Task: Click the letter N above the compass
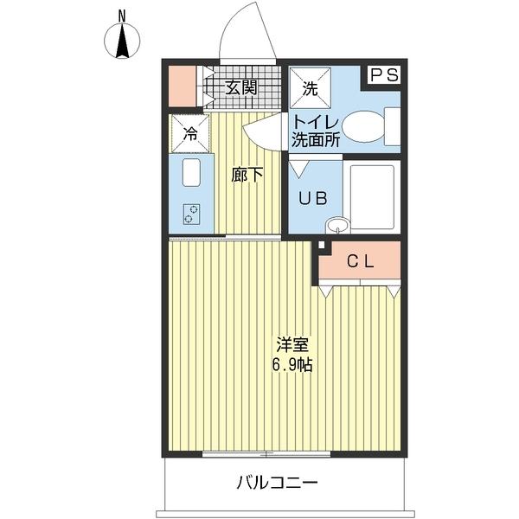pyautogui.click(x=123, y=16)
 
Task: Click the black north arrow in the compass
pyautogui.click(x=123, y=41)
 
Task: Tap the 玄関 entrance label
pyautogui.click(x=241, y=88)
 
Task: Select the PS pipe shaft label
pyautogui.click(x=384, y=75)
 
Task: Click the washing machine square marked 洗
pyautogui.click(x=311, y=88)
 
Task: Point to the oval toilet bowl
pyautogui.click(x=363, y=126)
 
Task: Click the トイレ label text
pyautogui.click(x=316, y=123)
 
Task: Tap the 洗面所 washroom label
pyautogui.click(x=316, y=139)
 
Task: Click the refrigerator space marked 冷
pyautogui.click(x=190, y=134)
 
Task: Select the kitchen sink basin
pyautogui.click(x=191, y=172)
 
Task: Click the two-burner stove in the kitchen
pyautogui.click(x=192, y=215)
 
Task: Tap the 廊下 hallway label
pyautogui.click(x=247, y=175)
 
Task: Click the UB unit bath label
pyautogui.click(x=313, y=198)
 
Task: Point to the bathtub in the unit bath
pyautogui.click(x=372, y=197)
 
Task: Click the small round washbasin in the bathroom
pyautogui.click(x=337, y=226)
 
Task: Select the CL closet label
pyautogui.click(x=361, y=262)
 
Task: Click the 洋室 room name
pyautogui.click(x=292, y=345)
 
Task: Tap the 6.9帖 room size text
pyautogui.click(x=292, y=365)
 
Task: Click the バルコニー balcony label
pyautogui.click(x=277, y=483)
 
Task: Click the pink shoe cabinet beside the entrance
pyautogui.click(x=182, y=86)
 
